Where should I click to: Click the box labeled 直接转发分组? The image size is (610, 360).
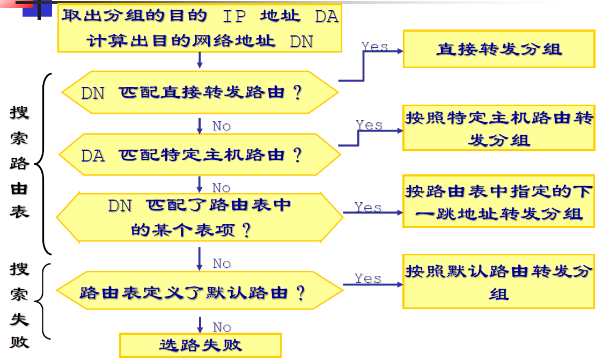click(x=498, y=49)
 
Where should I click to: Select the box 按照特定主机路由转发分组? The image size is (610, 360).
click(x=498, y=128)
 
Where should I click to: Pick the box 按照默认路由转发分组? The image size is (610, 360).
click(x=498, y=282)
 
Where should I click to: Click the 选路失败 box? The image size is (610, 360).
click(x=200, y=345)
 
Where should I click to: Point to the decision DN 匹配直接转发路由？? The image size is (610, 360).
click(x=200, y=92)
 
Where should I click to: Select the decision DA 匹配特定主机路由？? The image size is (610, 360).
click(x=200, y=155)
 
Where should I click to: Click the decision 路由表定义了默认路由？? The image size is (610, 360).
click(x=200, y=293)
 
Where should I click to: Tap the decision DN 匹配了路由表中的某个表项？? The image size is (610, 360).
click(x=200, y=217)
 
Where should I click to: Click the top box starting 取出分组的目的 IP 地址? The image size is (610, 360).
click(x=200, y=29)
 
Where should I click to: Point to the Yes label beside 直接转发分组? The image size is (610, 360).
click(x=374, y=47)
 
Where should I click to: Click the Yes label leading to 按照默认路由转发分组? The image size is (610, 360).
click(x=368, y=278)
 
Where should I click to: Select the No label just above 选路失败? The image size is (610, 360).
click(x=222, y=327)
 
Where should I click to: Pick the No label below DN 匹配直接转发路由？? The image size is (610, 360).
click(x=222, y=126)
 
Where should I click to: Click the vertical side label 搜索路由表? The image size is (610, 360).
click(x=19, y=161)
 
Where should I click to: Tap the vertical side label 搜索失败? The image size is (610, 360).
click(x=19, y=304)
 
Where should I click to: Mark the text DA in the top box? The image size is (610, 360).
click(x=326, y=17)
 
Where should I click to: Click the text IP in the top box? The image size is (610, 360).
click(x=234, y=17)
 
